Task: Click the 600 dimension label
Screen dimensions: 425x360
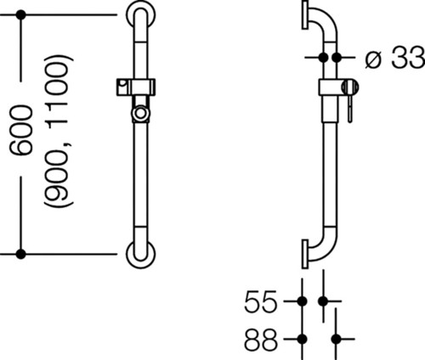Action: coord(20,130)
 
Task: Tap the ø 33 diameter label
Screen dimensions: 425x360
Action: coord(394,58)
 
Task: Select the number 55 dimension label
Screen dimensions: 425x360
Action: coord(260,301)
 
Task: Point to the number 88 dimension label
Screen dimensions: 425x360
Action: coord(260,339)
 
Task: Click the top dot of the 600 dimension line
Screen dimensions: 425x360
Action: coord(20,14)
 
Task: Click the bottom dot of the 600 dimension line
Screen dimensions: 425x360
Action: coord(20,254)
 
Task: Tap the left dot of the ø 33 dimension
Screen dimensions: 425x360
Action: coord(323,58)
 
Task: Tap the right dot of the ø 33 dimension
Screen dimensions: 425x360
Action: coord(337,58)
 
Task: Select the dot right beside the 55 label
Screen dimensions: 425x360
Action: coord(303,301)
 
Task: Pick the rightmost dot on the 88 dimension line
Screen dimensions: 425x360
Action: coord(336,339)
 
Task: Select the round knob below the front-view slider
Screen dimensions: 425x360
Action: coord(140,114)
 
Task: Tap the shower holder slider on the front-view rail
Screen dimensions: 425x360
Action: coord(136,87)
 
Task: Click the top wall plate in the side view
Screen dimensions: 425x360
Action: coord(305,14)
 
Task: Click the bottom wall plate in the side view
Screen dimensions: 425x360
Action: coord(305,254)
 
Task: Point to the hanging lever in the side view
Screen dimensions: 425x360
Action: coord(350,108)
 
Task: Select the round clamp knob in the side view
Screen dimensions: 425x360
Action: coord(350,87)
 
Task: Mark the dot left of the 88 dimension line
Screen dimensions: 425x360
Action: coord(303,339)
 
